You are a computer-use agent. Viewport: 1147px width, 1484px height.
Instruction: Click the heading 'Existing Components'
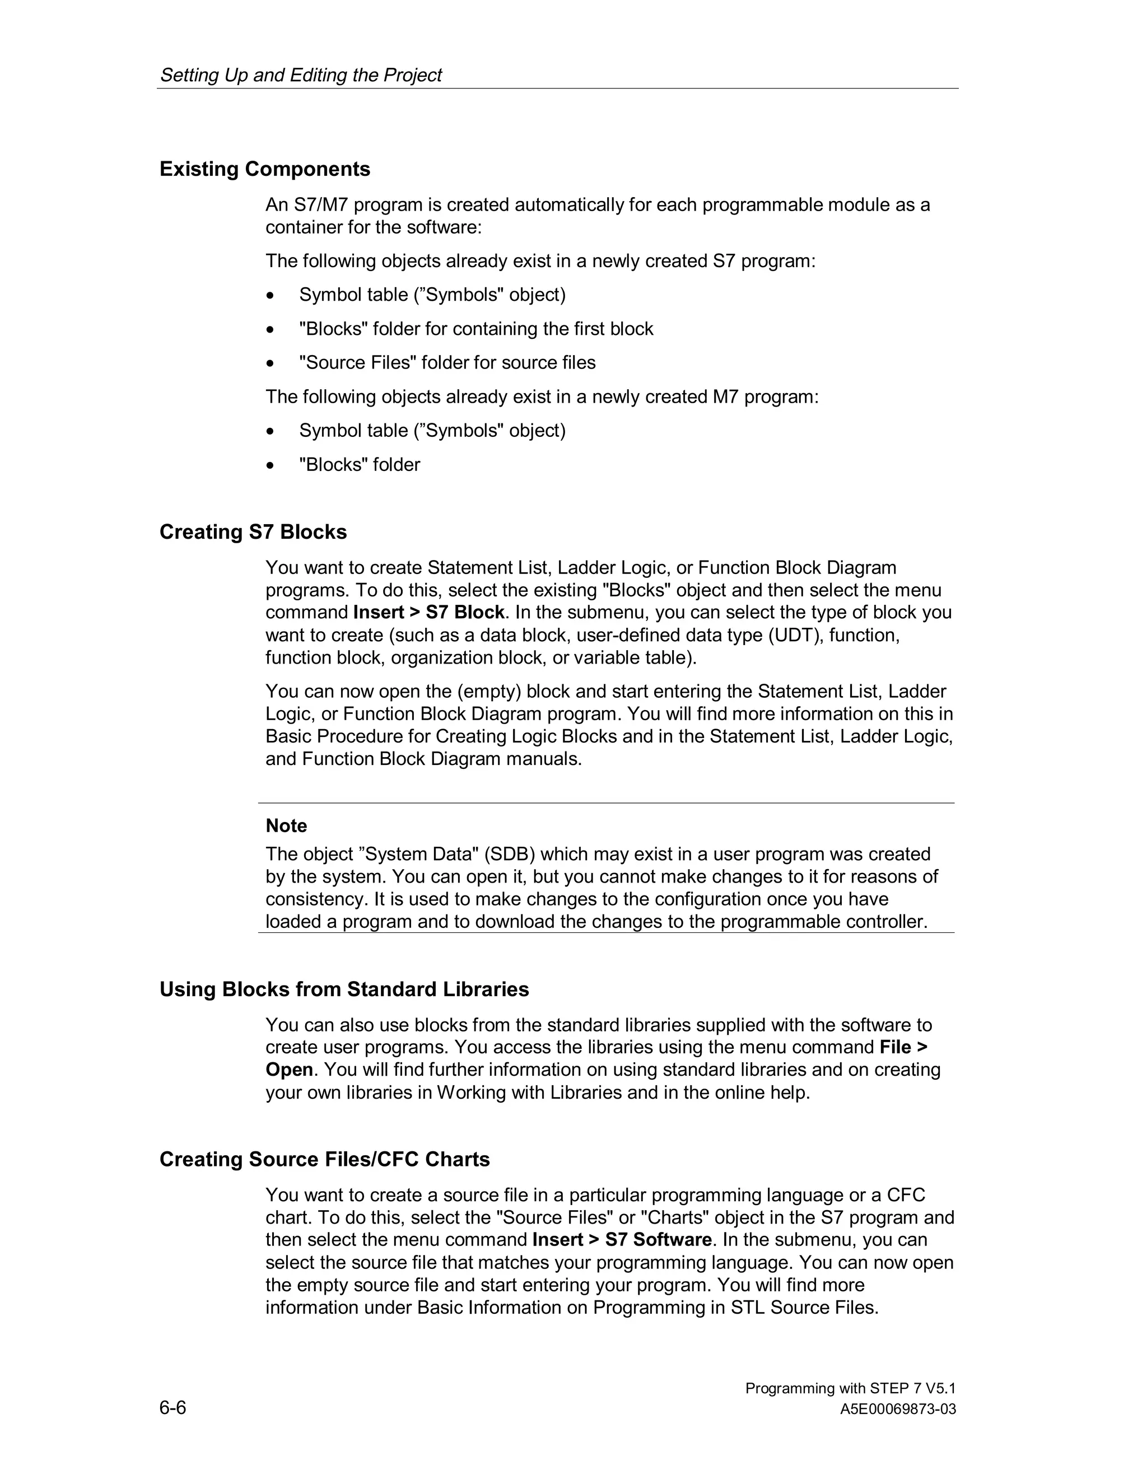264,169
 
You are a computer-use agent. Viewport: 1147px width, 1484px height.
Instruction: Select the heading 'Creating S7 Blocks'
253,531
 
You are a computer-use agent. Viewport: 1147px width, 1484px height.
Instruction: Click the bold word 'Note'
286,825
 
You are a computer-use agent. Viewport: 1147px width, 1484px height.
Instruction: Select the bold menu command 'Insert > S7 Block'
429,612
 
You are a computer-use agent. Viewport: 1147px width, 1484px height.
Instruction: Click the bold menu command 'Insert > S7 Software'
622,1239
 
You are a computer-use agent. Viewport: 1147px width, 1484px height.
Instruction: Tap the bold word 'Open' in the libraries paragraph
289,1070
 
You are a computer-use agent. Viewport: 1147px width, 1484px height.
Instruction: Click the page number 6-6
172,1407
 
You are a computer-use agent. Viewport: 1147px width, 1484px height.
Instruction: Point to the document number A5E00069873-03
898,1410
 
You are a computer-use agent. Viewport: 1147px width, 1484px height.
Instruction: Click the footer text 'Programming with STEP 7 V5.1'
850,1388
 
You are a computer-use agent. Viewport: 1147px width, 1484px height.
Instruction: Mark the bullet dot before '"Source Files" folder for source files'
271,363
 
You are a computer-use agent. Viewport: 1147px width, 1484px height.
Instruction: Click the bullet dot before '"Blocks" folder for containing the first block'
271,329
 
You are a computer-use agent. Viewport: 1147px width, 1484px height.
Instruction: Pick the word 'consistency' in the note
316,899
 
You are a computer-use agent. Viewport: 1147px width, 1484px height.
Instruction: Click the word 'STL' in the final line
748,1308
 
